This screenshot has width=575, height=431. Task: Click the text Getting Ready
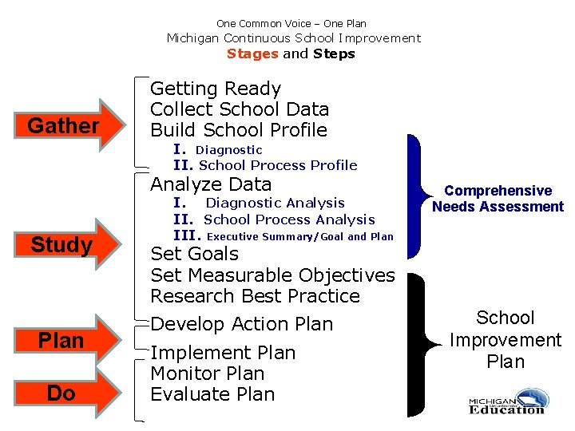point(216,89)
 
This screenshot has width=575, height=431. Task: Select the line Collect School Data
point(240,109)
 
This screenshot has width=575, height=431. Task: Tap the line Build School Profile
point(239,130)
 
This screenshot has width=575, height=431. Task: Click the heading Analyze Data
point(211,184)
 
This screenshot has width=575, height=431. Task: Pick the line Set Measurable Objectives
point(272,275)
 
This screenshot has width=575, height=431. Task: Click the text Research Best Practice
point(255,296)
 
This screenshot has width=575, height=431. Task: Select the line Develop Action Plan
point(241,324)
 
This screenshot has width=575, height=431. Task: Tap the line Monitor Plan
point(208,374)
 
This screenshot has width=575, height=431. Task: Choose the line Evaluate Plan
point(212,394)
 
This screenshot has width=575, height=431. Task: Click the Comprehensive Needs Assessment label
point(498,199)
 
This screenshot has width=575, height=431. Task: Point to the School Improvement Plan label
point(506,339)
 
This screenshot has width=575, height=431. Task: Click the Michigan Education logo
point(506,401)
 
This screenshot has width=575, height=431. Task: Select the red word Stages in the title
point(252,54)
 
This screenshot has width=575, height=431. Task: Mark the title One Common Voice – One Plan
point(291,24)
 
